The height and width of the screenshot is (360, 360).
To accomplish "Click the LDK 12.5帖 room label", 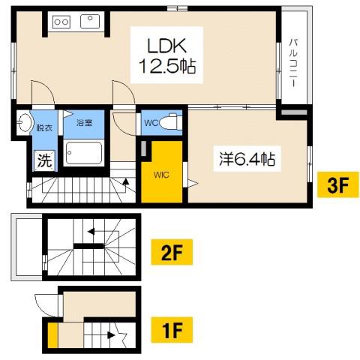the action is click(x=167, y=55).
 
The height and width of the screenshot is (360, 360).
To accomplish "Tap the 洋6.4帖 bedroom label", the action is click(x=247, y=159).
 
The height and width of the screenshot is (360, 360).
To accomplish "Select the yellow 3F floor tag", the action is click(x=338, y=184).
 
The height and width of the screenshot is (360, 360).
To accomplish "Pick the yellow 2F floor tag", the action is click(x=172, y=252).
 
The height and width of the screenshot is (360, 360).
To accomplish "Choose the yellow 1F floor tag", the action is click(x=172, y=330).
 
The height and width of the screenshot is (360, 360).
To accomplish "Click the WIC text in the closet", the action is click(x=161, y=175).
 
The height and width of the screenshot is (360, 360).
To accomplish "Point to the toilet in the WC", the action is click(x=171, y=122).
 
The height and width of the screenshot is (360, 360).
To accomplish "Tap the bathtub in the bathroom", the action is click(x=84, y=153).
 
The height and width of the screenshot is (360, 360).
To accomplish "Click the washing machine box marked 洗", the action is click(x=44, y=160).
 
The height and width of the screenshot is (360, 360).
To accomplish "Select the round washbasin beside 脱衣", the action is click(x=25, y=122).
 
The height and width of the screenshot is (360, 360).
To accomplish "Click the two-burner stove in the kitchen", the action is click(x=61, y=22).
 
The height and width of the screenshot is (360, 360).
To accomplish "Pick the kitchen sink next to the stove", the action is click(x=90, y=21).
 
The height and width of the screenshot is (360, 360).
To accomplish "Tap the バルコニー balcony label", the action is click(x=293, y=63).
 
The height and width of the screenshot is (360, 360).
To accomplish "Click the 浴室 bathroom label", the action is click(x=84, y=123).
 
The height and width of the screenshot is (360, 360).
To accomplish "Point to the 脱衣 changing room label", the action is click(x=44, y=127).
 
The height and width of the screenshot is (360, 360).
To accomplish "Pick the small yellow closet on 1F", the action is click(x=52, y=335).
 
